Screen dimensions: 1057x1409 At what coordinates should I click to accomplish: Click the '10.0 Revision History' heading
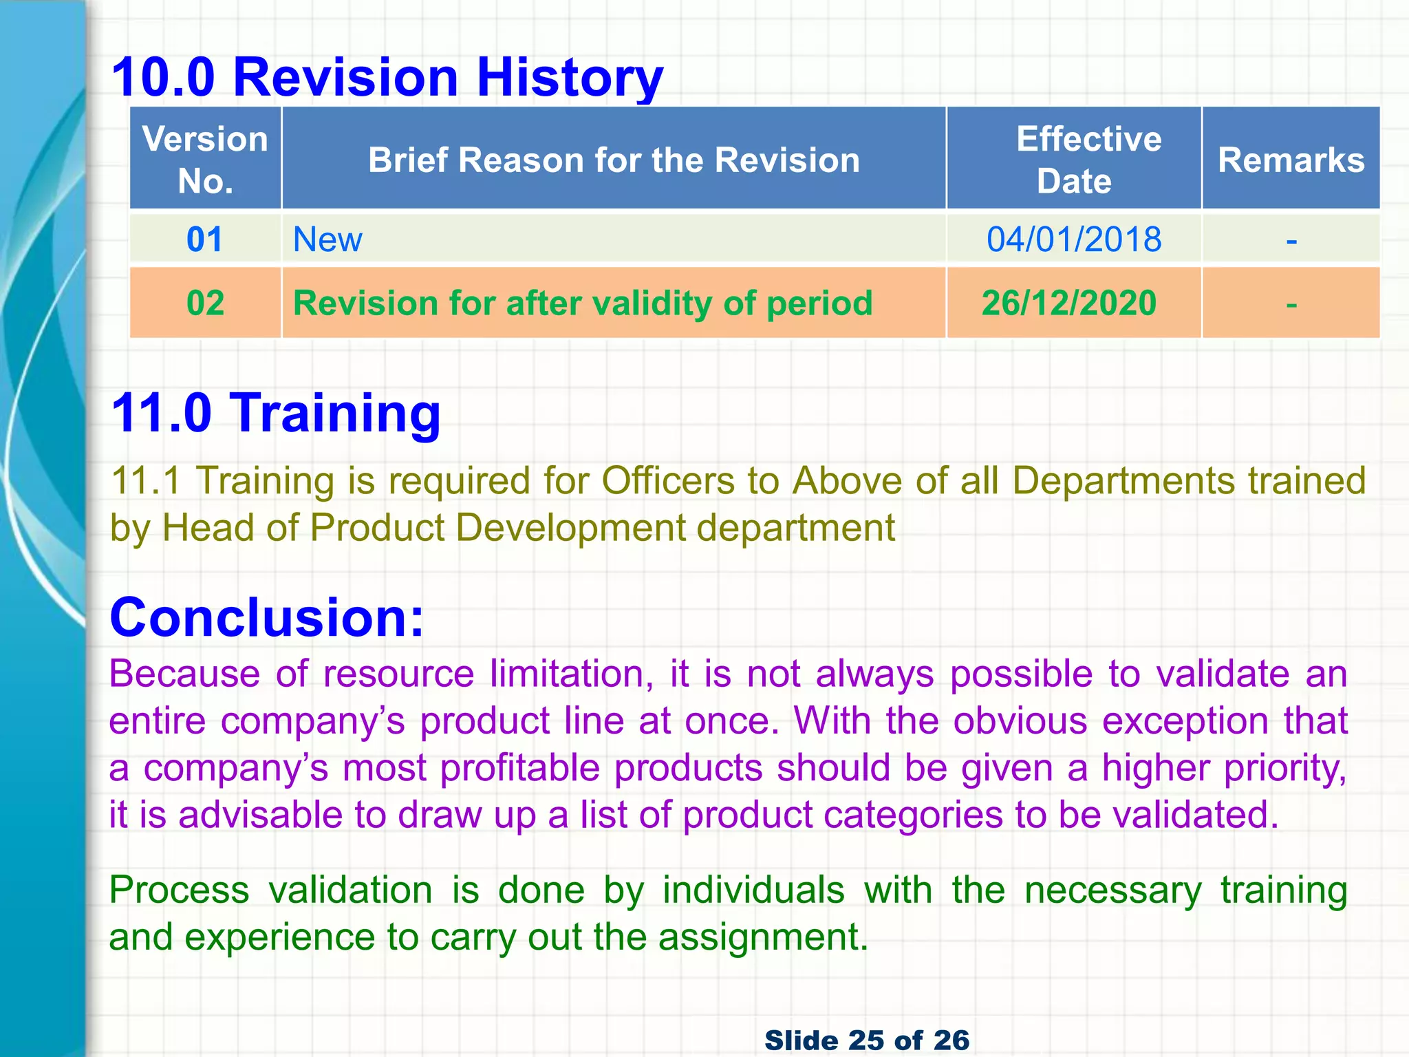click(x=387, y=77)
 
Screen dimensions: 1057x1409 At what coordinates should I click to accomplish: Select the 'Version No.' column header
click(x=205, y=160)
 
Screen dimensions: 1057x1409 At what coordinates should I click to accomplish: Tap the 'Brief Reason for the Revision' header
click(x=614, y=160)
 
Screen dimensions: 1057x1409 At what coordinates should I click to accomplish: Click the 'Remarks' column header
click(x=1291, y=160)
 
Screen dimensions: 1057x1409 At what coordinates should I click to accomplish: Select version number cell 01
click(x=205, y=239)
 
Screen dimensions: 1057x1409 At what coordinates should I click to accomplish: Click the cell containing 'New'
click(x=327, y=239)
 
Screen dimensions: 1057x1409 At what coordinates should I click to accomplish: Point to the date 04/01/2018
click(x=1074, y=239)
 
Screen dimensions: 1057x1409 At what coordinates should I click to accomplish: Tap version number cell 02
click(x=205, y=303)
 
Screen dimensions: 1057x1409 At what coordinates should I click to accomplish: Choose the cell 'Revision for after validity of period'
click(x=583, y=303)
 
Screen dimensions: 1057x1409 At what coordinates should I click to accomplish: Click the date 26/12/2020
click(x=1069, y=303)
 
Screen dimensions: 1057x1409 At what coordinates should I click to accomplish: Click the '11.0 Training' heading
click(x=275, y=413)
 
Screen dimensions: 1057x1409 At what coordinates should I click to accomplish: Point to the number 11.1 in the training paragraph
click(x=145, y=480)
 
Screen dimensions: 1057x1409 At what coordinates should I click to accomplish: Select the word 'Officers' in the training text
click(x=668, y=480)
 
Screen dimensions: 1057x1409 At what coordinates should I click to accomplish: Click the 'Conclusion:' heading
click(x=267, y=617)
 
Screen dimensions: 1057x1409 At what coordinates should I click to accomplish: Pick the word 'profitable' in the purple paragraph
click(x=519, y=768)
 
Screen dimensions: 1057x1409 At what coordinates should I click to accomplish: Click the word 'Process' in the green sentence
click(x=179, y=890)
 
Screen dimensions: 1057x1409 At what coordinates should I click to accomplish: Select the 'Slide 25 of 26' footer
click(x=867, y=1040)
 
